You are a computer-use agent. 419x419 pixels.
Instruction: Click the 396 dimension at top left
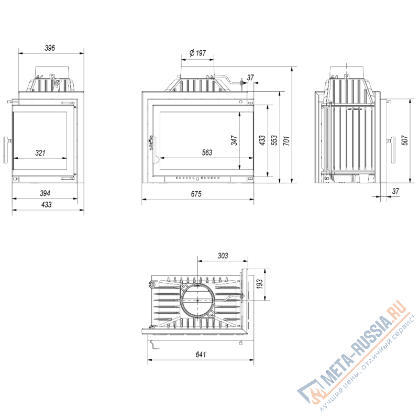[x=50, y=48]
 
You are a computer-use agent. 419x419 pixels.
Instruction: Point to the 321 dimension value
[x=40, y=153]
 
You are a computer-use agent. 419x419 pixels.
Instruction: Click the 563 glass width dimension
[x=207, y=153]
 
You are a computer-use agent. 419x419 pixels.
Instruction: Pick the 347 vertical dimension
[x=235, y=140]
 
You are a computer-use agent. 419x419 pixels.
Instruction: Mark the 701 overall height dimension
[x=286, y=140]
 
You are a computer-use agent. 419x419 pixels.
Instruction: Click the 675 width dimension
[x=196, y=194]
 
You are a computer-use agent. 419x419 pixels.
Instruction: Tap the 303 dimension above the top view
[x=222, y=256]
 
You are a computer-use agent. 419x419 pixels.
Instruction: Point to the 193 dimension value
[x=259, y=285]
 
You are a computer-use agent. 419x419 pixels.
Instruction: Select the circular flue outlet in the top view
[x=197, y=300]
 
